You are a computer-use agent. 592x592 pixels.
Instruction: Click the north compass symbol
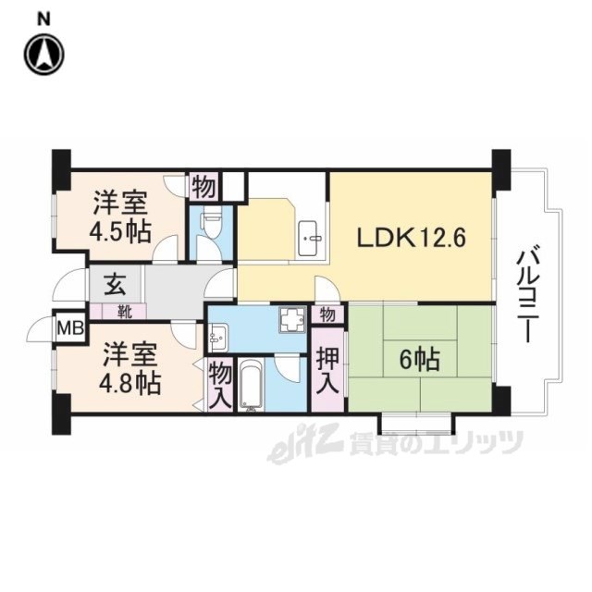pos(44,54)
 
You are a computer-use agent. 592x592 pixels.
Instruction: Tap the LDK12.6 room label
pos(412,238)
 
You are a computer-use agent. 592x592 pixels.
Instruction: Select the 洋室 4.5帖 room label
pos(120,216)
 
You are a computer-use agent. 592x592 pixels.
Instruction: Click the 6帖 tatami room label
pos(420,359)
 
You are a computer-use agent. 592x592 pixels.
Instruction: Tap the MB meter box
pos(70,327)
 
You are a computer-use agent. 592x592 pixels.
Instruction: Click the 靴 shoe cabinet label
pos(124,313)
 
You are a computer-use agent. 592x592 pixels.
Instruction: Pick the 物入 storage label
pos(220,385)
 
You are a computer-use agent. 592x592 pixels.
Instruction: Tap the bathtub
pos(251,385)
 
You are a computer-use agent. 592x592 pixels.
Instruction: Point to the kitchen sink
pos(311,238)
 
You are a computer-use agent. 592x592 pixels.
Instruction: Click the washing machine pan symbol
pos(293,319)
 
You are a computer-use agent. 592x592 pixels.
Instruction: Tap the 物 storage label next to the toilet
pos(203,187)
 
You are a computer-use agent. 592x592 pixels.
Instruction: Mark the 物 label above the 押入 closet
pos(327,314)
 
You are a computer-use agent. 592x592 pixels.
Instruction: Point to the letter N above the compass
pos(43,19)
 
